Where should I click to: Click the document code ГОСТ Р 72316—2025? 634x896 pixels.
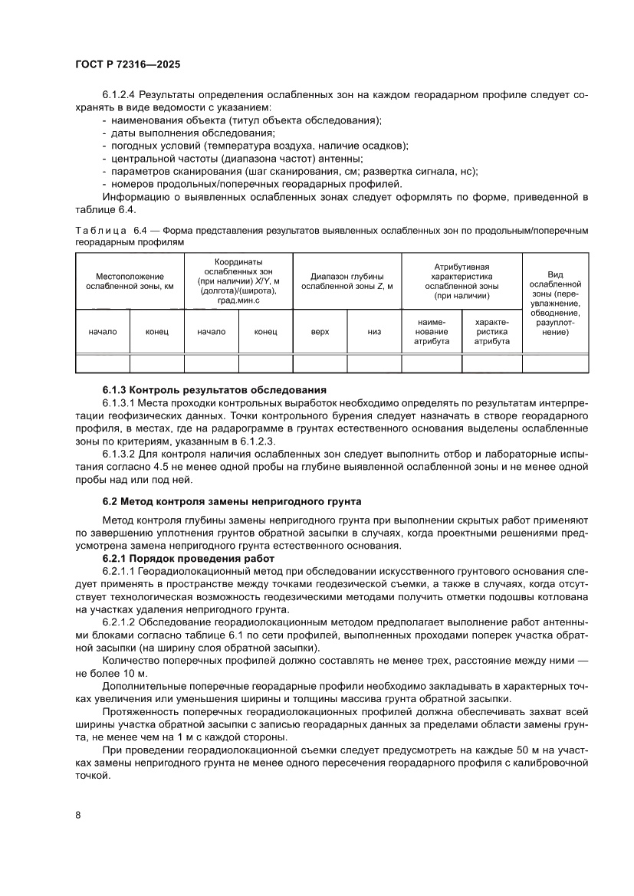coord(127,65)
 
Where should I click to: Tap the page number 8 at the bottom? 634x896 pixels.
coord(78,814)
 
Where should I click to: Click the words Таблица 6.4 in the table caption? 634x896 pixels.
coord(111,231)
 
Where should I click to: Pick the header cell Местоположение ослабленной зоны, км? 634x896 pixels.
coord(130,281)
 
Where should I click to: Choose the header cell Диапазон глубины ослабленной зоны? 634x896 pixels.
coord(347,281)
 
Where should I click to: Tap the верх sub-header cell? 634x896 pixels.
coord(320,331)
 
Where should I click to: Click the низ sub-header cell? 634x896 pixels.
coord(374,331)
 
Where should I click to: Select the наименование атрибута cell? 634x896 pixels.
coord(432,331)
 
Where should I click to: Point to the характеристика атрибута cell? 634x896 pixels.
coord(491,331)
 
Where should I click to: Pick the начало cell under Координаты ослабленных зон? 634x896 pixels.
coord(211,331)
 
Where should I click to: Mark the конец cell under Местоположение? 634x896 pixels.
coord(156,331)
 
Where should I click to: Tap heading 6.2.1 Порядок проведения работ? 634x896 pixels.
coord(189,560)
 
